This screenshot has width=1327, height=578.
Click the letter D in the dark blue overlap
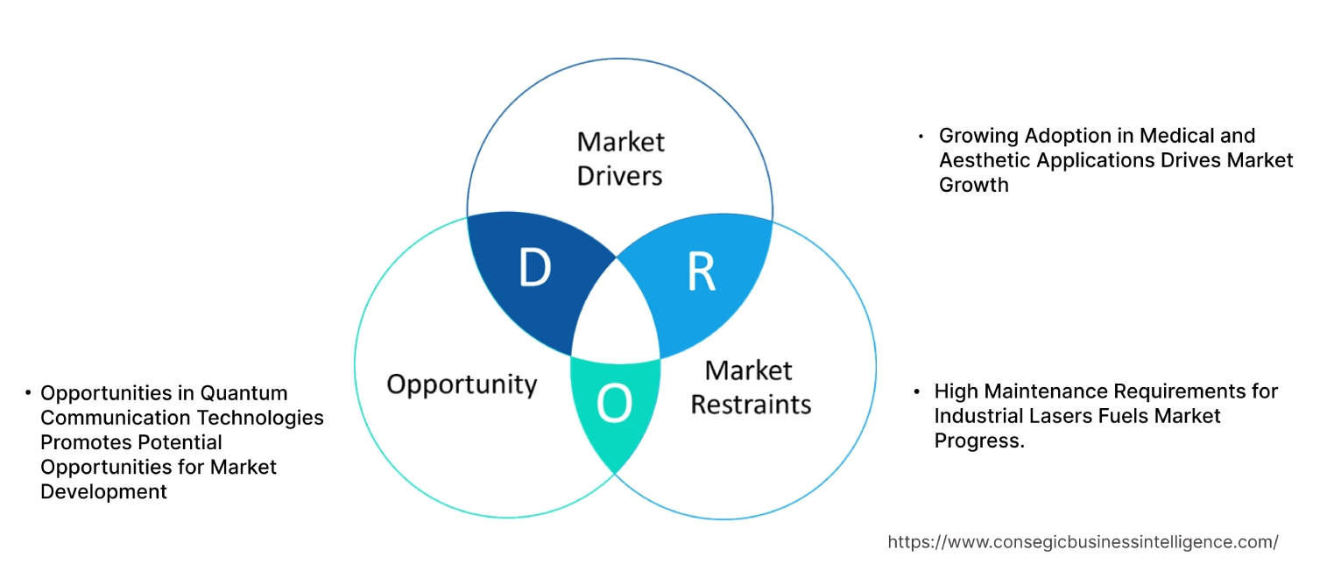(534, 269)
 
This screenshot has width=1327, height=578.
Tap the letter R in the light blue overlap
(701, 272)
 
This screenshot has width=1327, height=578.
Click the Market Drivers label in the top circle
(620, 159)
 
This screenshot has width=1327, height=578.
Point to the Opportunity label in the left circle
(462, 384)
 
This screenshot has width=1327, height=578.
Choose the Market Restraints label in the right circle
(750, 387)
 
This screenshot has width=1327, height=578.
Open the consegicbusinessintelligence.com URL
(1083, 542)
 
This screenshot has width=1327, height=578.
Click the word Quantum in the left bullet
(244, 393)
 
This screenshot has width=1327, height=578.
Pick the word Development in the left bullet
(103, 492)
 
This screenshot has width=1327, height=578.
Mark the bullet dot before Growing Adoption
(921, 137)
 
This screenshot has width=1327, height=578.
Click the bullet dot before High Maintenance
(916, 391)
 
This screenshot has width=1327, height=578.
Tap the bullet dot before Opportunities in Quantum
(28, 393)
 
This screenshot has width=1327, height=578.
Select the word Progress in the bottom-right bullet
(978, 441)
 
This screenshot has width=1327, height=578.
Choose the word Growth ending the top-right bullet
(973, 185)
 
